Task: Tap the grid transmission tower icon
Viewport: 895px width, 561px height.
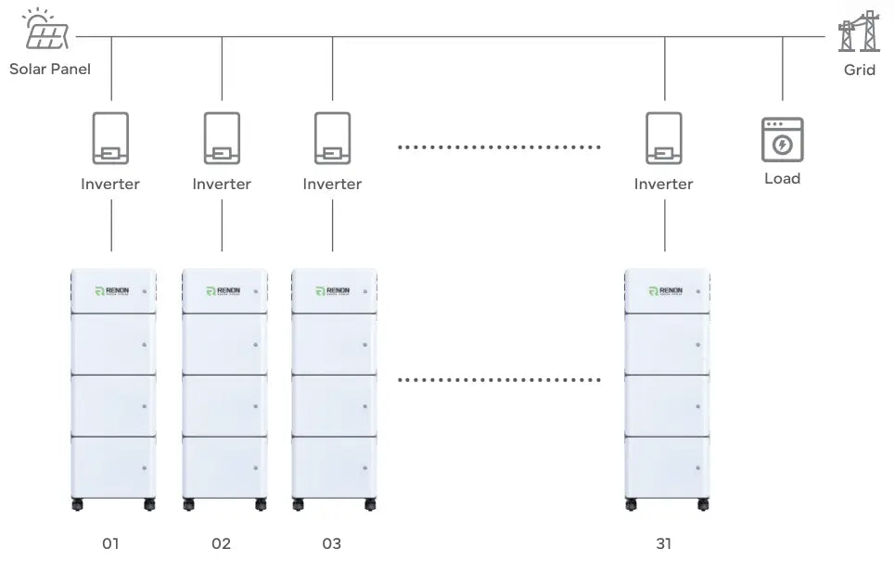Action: click(x=858, y=32)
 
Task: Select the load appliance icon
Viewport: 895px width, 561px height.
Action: click(x=782, y=140)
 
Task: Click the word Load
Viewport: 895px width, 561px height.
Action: click(x=782, y=178)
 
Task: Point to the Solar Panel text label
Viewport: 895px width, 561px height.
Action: click(x=50, y=70)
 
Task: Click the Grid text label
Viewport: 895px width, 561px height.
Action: click(x=859, y=70)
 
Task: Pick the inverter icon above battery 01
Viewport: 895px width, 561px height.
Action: click(x=110, y=139)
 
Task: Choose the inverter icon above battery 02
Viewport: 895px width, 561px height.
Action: click(x=222, y=139)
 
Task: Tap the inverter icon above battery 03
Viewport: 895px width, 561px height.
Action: click(x=332, y=139)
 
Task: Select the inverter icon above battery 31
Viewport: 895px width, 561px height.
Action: click(x=664, y=139)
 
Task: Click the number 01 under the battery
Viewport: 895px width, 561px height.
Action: click(x=110, y=543)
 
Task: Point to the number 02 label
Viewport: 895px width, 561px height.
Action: click(x=221, y=543)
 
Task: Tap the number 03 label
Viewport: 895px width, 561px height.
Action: click(x=332, y=543)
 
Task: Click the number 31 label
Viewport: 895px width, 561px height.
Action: click(x=664, y=543)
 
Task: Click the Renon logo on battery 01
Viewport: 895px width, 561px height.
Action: click(x=112, y=291)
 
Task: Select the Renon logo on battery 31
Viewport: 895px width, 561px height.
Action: click(x=666, y=291)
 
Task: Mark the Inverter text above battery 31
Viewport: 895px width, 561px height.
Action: click(x=664, y=184)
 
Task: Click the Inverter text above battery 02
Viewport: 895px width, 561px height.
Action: click(x=222, y=184)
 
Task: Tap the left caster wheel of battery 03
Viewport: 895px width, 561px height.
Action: click(x=299, y=505)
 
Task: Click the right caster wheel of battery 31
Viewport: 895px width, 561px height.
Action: click(x=702, y=505)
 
